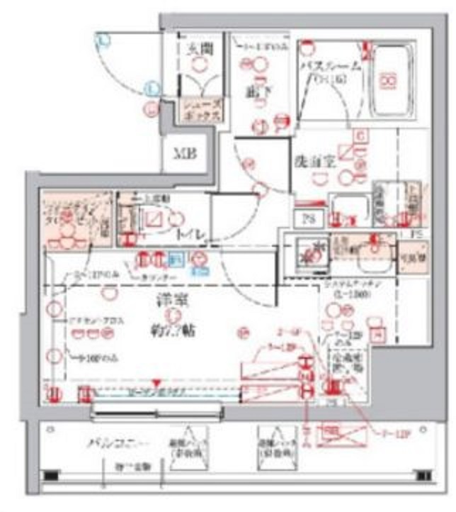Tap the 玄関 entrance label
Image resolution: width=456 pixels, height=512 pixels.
click(x=200, y=50)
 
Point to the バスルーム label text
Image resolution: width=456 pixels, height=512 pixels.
click(x=330, y=67)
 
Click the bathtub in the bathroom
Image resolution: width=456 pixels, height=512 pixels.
click(x=389, y=82)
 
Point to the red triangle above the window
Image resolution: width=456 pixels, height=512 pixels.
click(x=158, y=382)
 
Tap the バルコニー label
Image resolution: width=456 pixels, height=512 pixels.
click(x=110, y=444)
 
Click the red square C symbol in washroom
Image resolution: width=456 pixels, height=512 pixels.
click(x=359, y=135)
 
